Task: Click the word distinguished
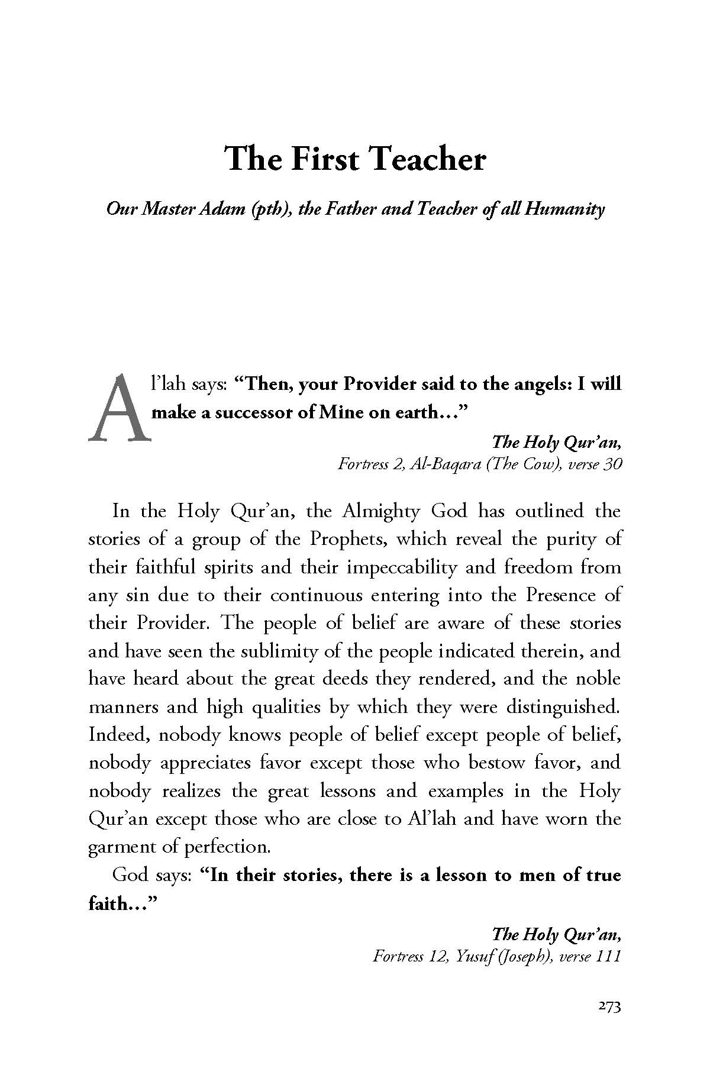coord(557,706)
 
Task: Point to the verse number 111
coord(608,957)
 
